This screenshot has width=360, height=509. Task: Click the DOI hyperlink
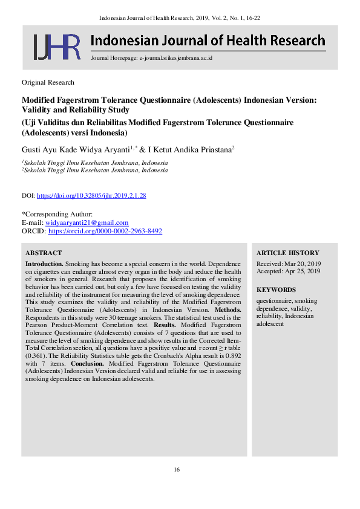(91, 196)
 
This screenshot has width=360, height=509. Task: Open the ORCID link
(105, 231)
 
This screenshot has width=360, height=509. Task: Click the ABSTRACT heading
(44, 253)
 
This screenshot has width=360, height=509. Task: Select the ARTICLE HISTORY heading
(287, 253)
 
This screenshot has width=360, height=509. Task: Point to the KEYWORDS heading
(276, 290)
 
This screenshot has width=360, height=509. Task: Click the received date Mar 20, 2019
(305, 264)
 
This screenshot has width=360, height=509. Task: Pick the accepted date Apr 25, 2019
(305, 271)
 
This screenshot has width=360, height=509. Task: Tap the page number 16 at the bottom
(177, 470)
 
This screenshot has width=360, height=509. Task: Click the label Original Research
(48, 82)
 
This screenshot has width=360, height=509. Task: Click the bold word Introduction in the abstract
(44, 264)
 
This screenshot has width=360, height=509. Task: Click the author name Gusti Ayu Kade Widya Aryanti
(76, 149)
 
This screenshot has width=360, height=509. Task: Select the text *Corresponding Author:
(57, 214)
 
